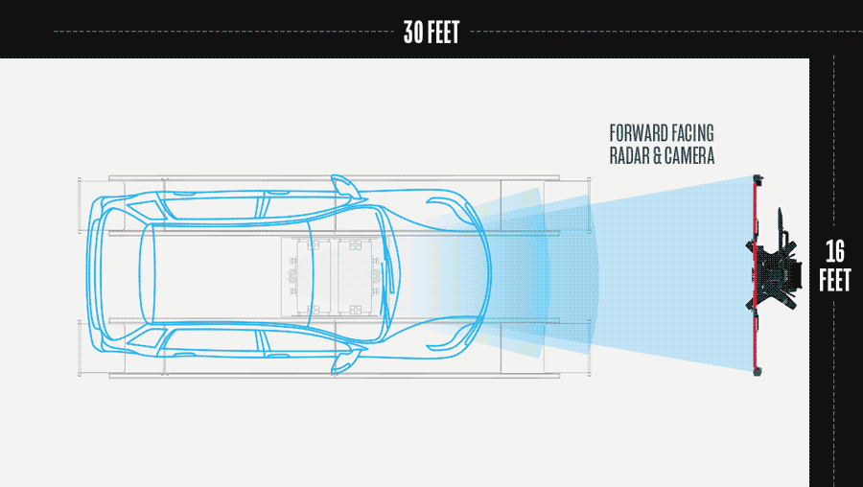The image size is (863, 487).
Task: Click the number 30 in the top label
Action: [414, 32]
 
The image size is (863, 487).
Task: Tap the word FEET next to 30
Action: [445, 32]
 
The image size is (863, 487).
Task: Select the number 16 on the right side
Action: [835, 251]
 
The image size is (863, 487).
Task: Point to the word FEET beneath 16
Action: [835, 280]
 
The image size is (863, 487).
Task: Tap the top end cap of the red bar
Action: [758, 178]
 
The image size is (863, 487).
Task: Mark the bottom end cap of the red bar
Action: [758, 372]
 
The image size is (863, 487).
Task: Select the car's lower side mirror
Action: [345, 361]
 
